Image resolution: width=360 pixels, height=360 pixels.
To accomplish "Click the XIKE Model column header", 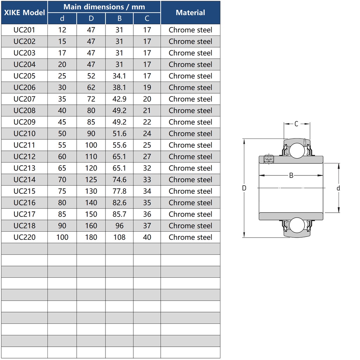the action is tap(24, 12).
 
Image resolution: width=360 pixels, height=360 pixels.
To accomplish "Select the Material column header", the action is tap(190, 12).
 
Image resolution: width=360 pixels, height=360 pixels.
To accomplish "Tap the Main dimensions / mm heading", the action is tap(104, 7).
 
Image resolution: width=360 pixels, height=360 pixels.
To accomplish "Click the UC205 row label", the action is tap(24, 76).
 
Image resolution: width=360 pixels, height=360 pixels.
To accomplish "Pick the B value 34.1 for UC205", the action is tap(119, 76).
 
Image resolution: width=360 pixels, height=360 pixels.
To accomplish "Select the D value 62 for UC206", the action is tap(91, 88).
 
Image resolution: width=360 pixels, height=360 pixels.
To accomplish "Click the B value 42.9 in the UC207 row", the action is tap(119, 99).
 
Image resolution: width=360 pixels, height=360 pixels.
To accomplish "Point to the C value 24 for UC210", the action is tap(147, 134).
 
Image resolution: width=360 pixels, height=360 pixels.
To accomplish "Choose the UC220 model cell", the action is tap(24, 237).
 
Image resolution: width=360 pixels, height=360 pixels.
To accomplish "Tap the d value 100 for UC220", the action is tap(62, 237).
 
